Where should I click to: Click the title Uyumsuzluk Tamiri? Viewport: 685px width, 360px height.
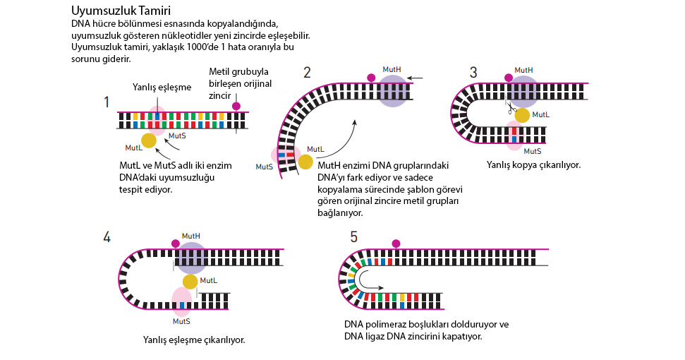[121, 11]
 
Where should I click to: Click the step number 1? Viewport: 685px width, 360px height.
[106, 102]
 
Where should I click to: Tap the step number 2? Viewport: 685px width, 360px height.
[307, 73]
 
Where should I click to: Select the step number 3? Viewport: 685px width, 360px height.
[473, 73]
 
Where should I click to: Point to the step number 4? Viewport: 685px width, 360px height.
[107, 237]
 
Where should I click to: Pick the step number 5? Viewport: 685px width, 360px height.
[354, 237]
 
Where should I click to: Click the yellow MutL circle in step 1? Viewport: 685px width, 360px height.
[149, 140]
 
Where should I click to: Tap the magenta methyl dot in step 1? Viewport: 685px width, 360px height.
[236, 106]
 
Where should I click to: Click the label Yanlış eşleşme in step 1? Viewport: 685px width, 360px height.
[162, 88]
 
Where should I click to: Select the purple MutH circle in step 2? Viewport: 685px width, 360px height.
[393, 91]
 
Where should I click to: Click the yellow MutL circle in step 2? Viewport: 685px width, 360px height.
[305, 162]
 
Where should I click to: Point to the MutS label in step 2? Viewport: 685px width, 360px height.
[265, 167]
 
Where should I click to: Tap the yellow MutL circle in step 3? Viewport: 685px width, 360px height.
[522, 115]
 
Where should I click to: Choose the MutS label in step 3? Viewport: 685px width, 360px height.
[533, 151]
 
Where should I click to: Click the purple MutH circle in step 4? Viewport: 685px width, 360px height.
[191, 258]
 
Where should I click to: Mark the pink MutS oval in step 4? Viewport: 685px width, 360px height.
[181, 302]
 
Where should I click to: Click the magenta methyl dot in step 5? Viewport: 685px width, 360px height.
[396, 244]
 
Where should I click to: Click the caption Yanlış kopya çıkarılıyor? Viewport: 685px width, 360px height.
[533, 165]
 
